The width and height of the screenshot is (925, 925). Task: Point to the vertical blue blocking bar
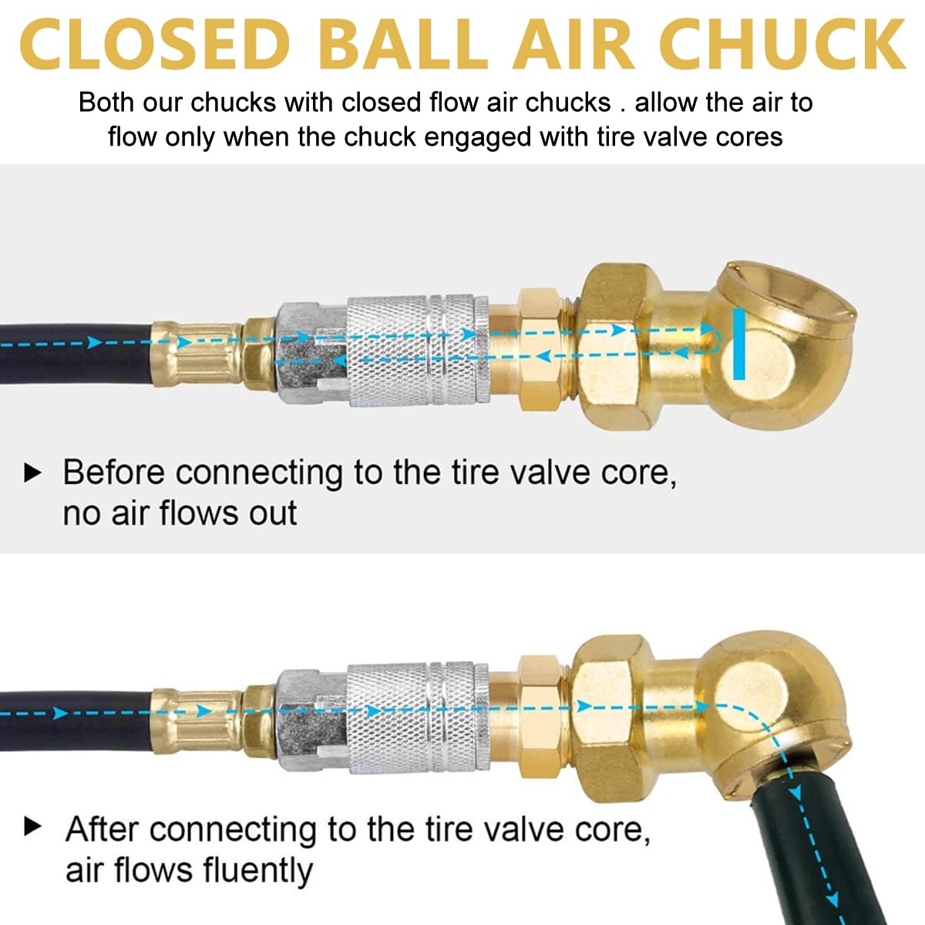pos(739,344)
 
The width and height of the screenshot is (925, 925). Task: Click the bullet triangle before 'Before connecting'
pos(32,473)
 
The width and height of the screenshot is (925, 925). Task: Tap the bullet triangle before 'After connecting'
pos(32,827)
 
